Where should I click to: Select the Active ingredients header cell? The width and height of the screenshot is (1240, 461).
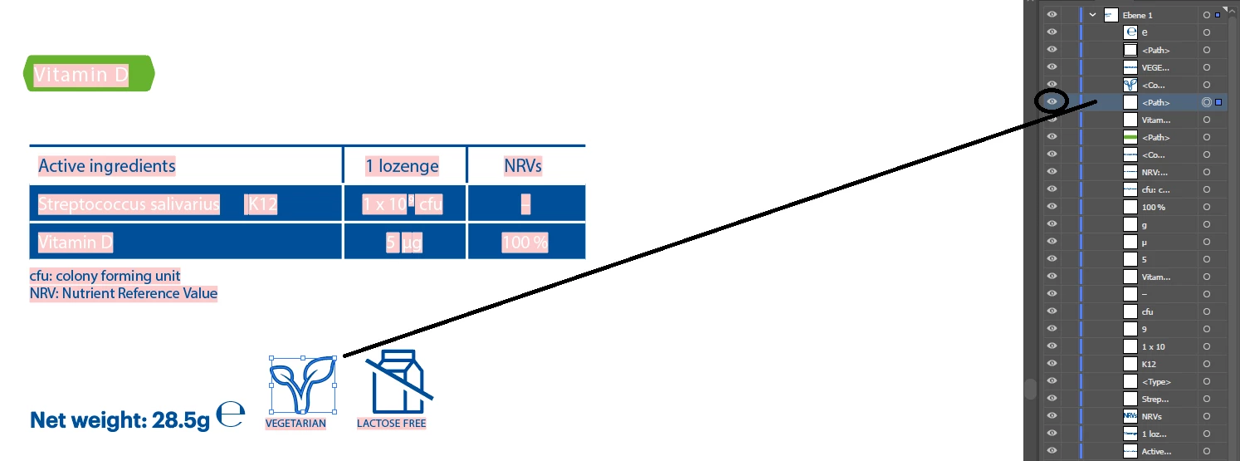coord(106,165)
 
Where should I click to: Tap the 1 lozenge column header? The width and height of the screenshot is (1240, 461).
coord(403,165)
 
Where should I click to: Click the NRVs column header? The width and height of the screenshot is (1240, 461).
coord(523,165)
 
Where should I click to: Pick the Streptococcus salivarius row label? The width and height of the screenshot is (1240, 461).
coord(129,204)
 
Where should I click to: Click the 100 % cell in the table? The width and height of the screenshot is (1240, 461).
coord(525,243)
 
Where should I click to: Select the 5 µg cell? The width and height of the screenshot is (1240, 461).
coord(404,243)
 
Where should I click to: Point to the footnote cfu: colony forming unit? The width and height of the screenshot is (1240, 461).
coord(105,276)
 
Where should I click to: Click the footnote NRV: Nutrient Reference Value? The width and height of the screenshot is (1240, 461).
coord(124,293)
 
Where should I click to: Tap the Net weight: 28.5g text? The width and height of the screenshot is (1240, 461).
coord(120,420)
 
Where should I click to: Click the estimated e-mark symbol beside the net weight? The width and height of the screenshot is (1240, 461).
coord(231,414)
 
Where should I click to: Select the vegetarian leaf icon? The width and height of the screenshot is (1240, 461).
coord(302,385)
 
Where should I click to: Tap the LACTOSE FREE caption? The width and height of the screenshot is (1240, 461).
coord(391,424)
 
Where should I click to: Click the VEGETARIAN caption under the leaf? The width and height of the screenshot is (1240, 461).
coord(295,424)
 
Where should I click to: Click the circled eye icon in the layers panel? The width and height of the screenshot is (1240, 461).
coord(1052,102)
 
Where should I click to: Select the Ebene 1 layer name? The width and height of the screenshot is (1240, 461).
coord(1139,15)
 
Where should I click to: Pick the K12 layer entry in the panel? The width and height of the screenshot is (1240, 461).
coord(1149,364)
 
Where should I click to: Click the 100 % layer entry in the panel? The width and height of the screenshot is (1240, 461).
coord(1154,207)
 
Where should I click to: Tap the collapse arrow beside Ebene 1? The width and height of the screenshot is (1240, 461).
coord(1093,15)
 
